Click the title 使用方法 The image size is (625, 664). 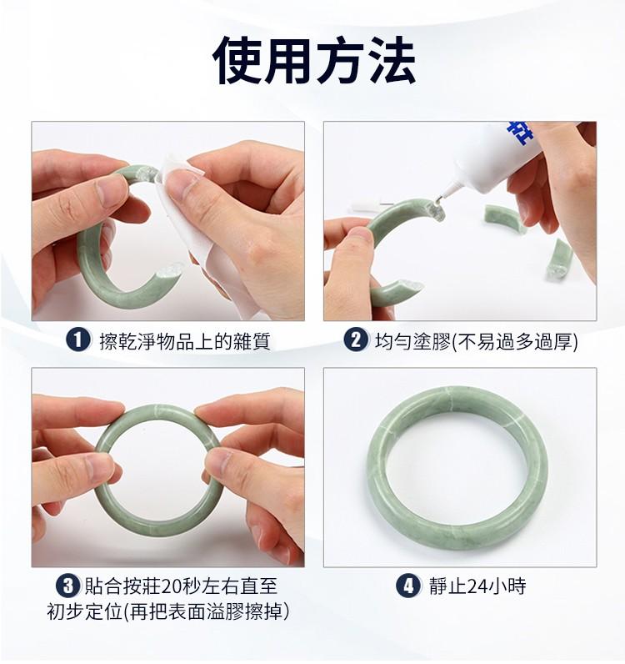(314, 60)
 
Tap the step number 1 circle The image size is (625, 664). (78, 340)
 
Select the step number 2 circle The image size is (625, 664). (356, 340)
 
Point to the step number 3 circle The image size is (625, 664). (68, 586)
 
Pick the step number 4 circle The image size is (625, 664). (408, 586)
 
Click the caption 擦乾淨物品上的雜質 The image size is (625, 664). (185, 341)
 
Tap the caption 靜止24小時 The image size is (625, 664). (477, 586)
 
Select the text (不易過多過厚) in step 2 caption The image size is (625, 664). (515, 341)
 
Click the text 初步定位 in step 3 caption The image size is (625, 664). (85, 611)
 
